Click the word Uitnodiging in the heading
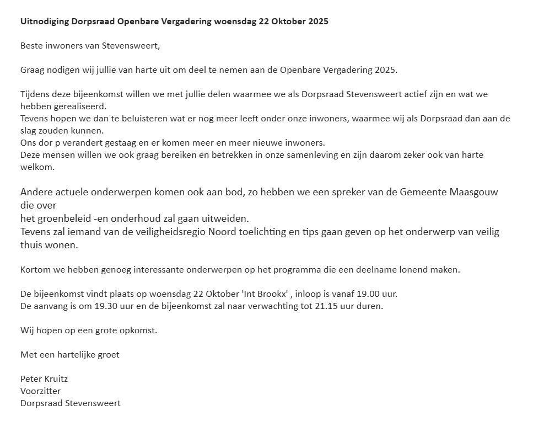[45, 22]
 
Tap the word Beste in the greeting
[32, 46]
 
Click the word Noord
[223, 232]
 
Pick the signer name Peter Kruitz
[44, 379]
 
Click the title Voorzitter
[41, 391]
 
